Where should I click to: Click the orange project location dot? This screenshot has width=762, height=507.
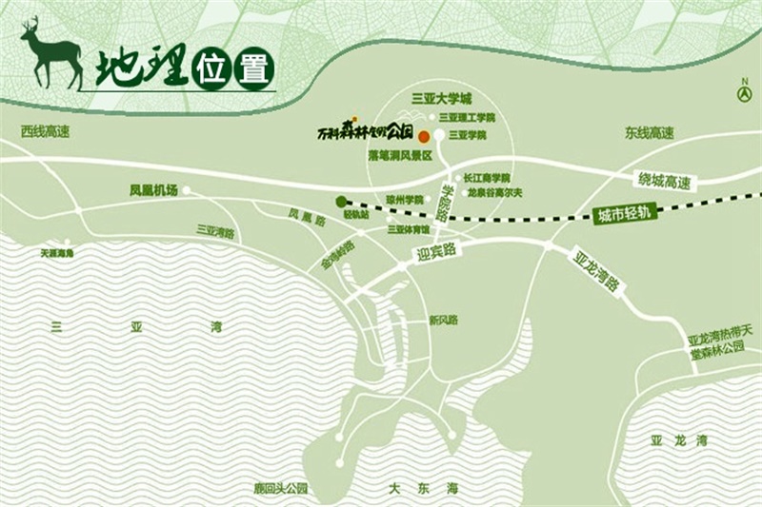(424, 137)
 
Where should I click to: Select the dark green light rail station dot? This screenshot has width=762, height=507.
(341, 201)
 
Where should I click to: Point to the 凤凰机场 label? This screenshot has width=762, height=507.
(153, 190)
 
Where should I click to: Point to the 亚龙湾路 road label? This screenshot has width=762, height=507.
(597, 271)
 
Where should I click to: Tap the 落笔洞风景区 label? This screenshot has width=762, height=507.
(401, 153)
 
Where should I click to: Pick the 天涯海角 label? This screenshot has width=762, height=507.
(57, 254)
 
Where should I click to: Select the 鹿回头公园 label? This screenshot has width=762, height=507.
(275, 489)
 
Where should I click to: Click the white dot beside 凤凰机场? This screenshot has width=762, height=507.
(187, 190)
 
